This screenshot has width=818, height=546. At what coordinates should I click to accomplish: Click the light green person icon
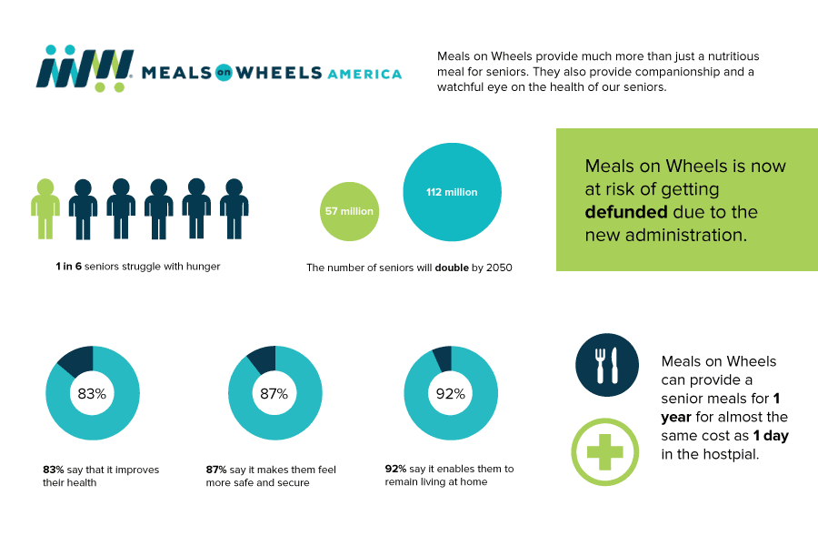[x=45, y=208]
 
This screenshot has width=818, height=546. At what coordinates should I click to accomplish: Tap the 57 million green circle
[x=349, y=211]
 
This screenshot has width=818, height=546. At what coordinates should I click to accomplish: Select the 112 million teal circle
[x=452, y=192]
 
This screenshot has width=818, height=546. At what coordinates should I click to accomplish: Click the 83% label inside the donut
[x=92, y=394]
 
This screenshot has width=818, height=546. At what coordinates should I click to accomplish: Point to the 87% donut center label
[x=274, y=394]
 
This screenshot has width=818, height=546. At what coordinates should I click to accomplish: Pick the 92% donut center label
[x=451, y=394]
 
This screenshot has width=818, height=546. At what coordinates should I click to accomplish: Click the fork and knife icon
[x=606, y=364]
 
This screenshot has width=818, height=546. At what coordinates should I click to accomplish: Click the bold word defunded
[x=626, y=212]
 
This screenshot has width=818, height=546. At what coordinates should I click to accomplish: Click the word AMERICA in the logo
[x=364, y=74]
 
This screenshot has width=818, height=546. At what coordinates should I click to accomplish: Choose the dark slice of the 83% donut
[x=75, y=359]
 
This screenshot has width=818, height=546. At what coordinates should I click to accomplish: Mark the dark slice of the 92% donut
[x=442, y=357]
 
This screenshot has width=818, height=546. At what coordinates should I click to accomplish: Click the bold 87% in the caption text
[x=216, y=470]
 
